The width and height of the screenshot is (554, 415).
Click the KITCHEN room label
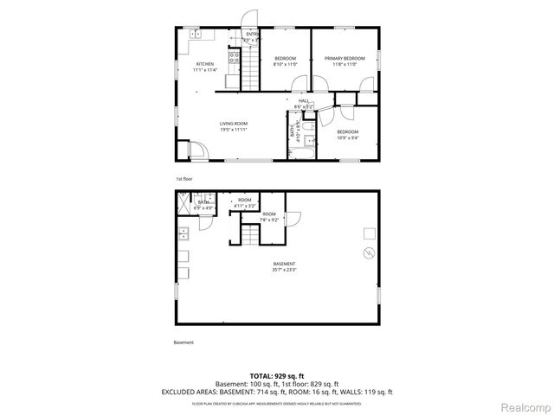pos(204,64)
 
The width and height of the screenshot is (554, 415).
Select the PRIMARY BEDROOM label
pos(345,58)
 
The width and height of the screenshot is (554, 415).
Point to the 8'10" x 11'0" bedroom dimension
pos(285,64)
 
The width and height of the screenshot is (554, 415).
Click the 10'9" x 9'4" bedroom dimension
pos(348,137)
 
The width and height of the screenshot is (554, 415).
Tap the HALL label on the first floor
pos(304,101)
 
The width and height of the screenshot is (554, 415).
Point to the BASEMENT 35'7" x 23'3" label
pos(285,266)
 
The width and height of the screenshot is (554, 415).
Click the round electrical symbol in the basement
pos(368,253)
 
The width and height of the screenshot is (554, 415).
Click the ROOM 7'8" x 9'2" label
pos(269,217)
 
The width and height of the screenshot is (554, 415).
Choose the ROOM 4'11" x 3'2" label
pos(244,203)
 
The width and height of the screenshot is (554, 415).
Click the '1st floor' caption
pos(184,179)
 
